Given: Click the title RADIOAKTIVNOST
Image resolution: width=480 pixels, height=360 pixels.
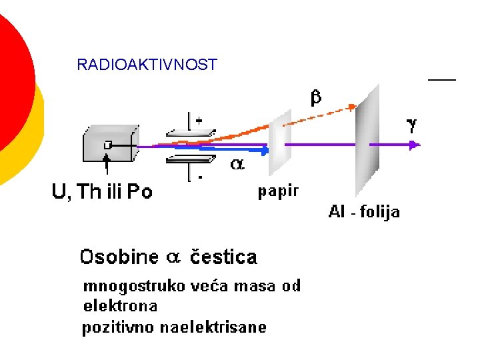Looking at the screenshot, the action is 147,65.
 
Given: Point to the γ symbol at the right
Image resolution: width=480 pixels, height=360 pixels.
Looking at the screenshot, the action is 412,124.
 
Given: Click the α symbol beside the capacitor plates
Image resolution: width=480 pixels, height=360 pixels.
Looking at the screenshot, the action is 237,164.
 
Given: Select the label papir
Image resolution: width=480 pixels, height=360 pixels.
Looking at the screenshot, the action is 279,191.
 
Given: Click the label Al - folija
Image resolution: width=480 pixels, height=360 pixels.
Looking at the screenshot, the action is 364,212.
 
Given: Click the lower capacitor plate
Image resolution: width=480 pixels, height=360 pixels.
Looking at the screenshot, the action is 191,158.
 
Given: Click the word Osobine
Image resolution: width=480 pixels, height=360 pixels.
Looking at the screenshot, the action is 119,257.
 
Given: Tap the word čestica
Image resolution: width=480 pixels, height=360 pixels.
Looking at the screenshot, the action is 224,257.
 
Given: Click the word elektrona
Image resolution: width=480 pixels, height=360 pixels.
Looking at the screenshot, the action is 120,307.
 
